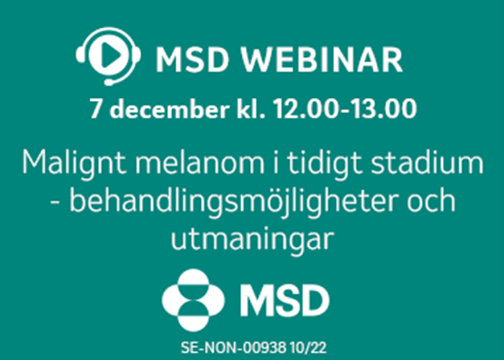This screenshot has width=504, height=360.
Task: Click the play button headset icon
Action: tap(108, 56)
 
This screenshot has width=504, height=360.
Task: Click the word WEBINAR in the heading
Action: tap(322, 60)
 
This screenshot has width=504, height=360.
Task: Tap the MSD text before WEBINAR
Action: tap(192, 60)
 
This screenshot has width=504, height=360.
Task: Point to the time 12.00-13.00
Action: tap(345, 109)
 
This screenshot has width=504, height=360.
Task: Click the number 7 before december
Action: tap(96, 109)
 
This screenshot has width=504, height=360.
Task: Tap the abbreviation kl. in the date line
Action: tap(251, 109)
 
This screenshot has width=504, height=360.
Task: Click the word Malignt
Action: tap(74, 163)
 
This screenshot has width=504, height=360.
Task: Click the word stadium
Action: tap(427, 163)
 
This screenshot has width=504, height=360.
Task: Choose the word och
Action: tap(432, 200)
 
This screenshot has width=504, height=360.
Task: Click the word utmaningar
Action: tap(252, 240)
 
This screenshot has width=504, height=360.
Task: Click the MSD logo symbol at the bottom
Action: tap(194, 300)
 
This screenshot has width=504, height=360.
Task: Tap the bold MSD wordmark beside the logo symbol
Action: tap(285, 300)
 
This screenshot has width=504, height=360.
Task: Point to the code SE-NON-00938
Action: tap(233, 348)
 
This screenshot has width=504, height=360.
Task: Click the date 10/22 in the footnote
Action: tap(308, 348)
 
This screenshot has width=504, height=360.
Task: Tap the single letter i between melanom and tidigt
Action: tap(275, 163)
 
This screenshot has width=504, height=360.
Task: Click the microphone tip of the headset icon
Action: tap(109, 83)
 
